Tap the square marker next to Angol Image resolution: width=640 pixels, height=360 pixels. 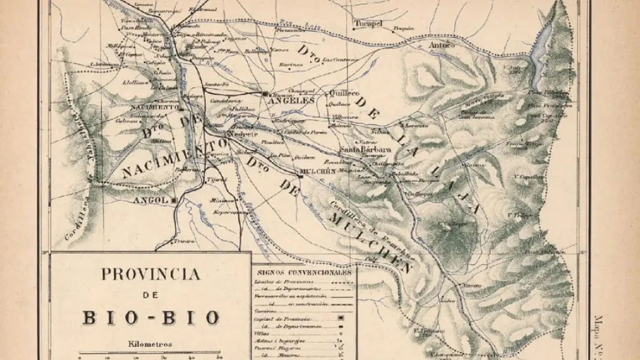(174, 200)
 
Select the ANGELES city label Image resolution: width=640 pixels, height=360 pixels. (291, 100)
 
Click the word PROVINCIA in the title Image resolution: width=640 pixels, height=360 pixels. (150, 274)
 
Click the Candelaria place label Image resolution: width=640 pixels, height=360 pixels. (225, 99)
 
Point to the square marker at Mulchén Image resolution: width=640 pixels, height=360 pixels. (300, 176)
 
